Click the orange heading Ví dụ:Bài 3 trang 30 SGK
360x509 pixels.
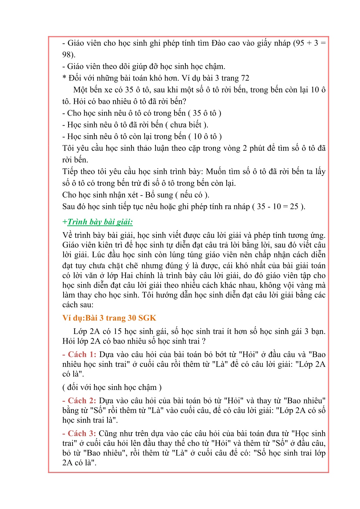click(x=109, y=318)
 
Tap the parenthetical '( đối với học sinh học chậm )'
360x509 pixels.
click(x=112, y=387)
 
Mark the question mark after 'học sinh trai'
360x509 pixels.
click(x=203, y=341)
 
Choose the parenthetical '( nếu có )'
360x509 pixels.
click(x=192, y=195)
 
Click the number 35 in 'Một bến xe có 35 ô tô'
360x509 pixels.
click(x=129, y=90)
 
